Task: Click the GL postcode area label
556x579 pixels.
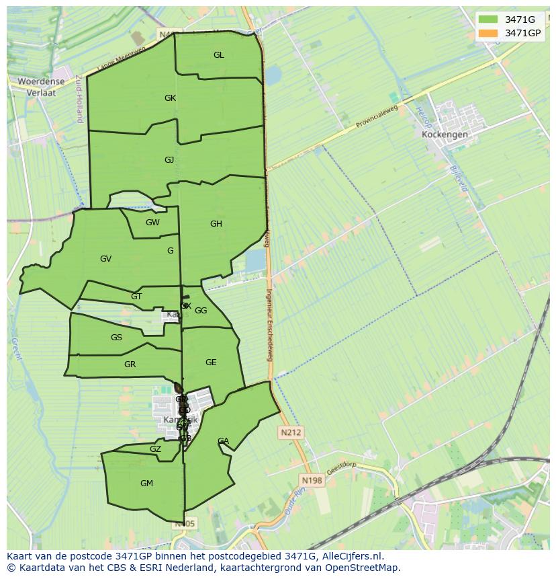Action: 219,55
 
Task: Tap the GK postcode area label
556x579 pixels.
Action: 170,98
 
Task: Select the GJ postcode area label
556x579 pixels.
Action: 169,160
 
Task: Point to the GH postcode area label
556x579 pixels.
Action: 216,224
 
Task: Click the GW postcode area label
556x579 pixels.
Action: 152,223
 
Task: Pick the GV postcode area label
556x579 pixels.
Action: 105,259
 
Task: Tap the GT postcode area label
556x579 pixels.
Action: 136,297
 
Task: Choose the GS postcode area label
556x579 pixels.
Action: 116,338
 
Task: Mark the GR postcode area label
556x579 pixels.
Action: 130,364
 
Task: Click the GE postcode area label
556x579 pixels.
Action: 211,362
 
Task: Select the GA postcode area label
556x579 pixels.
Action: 223,441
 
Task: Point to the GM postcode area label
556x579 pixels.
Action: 146,484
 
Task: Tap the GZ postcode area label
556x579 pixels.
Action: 155,449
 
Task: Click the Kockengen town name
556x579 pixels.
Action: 445,134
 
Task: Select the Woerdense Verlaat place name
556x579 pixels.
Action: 41,87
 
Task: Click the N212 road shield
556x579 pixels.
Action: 291,432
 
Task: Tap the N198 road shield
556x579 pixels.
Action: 312,480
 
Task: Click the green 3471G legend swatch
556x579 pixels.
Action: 488,20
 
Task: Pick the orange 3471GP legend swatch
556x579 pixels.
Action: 488,33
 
